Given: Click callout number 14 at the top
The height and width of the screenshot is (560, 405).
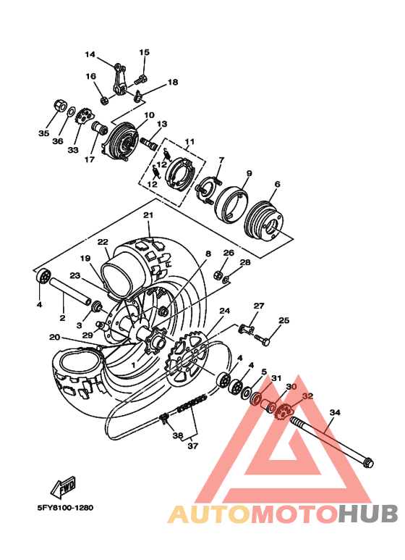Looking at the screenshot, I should tap(90, 54).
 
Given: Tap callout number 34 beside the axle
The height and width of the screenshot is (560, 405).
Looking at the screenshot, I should tap(334, 413).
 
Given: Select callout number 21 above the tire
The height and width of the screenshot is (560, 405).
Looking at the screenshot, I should tap(148, 215).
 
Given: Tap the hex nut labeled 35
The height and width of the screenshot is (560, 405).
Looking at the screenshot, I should tap(59, 106).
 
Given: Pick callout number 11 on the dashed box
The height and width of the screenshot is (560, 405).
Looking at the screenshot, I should tap(189, 141).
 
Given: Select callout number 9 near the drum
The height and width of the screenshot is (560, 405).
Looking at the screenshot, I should tap(249, 174).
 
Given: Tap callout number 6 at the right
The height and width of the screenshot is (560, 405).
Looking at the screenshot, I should tap(276, 185).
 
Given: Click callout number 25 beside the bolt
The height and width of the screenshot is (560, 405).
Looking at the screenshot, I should tap(284, 320).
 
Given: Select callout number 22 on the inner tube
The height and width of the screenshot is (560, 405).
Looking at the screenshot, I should tap(103, 242).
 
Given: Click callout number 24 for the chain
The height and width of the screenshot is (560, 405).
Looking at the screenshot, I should tap(225, 311).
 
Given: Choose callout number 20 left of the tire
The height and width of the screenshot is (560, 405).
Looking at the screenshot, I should tap(54, 337).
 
